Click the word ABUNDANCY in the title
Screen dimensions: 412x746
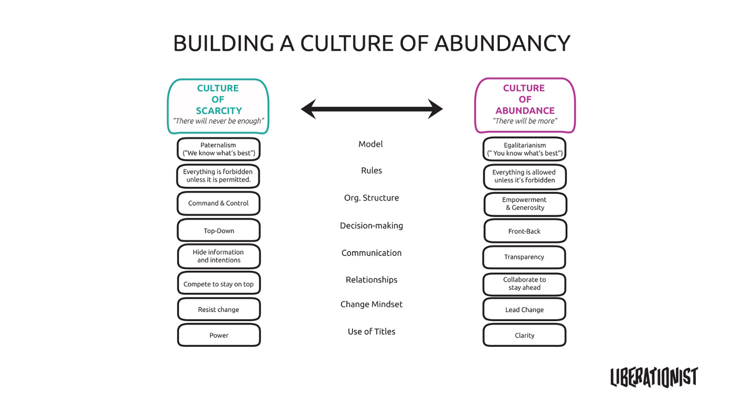[x=502, y=43]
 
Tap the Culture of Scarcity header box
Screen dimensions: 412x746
[x=218, y=106]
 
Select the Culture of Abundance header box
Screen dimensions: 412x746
[x=525, y=105]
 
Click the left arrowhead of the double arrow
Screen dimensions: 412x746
[x=309, y=109]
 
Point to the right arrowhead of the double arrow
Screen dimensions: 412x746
[x=435, y=109]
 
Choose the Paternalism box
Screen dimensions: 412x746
[x=218, y=149]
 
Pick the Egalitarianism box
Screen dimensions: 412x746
[x=524, y=149]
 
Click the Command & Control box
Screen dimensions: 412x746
[x=218, y=203]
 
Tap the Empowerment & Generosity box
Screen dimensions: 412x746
[x=525, y=204]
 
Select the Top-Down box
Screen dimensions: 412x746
[x=218, y=231]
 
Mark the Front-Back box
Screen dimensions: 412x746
[x=525, y=231]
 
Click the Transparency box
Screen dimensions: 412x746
[x=524, y=257]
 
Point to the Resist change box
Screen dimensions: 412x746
[x=218, y=309]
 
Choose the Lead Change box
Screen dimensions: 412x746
[x=524, y=309]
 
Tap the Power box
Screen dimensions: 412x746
[x=218, y=335]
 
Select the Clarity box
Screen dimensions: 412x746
[x=524, y=335]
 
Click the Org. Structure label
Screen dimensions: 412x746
[x=372, y=198]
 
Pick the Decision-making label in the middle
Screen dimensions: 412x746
[x=372, y=226]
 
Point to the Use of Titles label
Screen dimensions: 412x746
[x=372, y=331]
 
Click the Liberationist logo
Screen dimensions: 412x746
[x=654, y=377]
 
